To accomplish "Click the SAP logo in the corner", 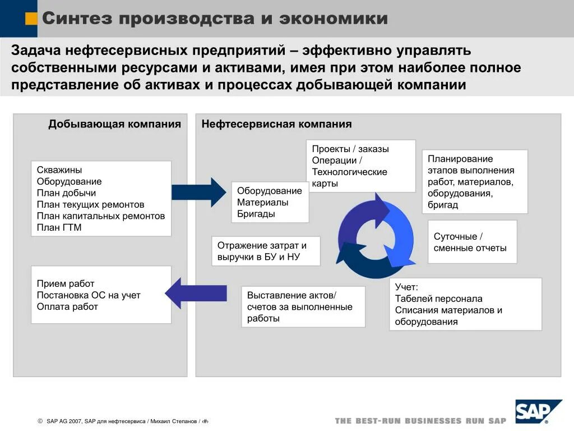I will click(538, 411).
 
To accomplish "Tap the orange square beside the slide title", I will click(32, 19).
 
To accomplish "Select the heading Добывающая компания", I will click(114, 124).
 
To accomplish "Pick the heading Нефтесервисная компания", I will click(276, 124).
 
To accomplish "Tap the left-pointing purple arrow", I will click(196, 292).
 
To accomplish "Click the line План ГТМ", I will click(59, 228).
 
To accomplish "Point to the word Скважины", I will click(59, 169).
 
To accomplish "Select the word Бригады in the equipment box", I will click(256, 214).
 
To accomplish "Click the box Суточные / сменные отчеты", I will click(472, 242).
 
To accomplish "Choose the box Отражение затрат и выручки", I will click(266, 251).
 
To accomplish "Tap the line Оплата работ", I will click(67, 306).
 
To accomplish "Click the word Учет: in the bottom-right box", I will click(406, 287).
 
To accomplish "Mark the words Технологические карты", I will click(349, 177).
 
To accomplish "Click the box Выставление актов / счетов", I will click(303, 306).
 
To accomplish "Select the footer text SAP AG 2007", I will click(64, 421).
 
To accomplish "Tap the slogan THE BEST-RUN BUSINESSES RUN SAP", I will click(420, 420).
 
